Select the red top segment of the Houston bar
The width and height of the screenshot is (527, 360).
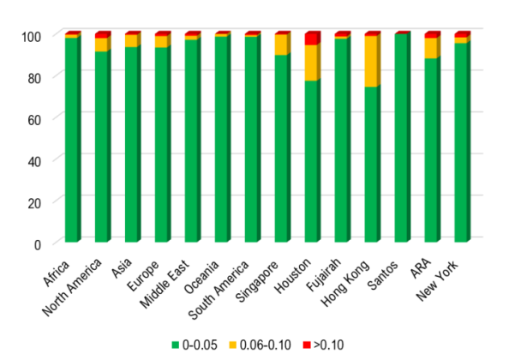[312, 39]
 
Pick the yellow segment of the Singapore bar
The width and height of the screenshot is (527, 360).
[282, 45]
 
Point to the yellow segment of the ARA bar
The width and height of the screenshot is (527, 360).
[432, 48]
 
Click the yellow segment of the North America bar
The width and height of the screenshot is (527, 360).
[102, 45]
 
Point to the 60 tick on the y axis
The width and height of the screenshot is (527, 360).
[36, 118]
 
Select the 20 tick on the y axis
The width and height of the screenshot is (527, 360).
[36, 201]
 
